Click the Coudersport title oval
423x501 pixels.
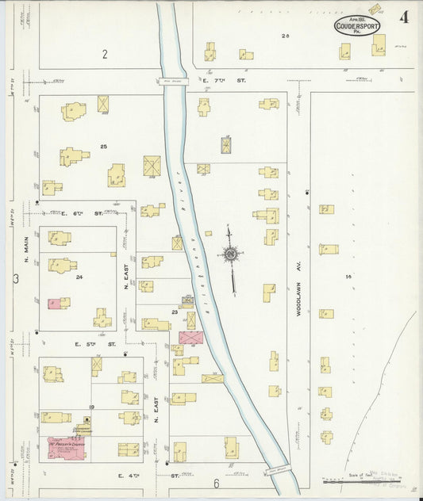point(357,26)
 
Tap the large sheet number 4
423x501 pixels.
point(405,17)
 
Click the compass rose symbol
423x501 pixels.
point(231,254)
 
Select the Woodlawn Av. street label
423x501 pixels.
point(300,301)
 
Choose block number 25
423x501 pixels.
point(103,147)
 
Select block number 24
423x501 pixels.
point(79,277)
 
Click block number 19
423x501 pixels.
point(92,407)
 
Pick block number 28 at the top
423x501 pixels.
point(285,36)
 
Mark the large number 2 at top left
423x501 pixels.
point(104,54)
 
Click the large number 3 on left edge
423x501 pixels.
point(15,278)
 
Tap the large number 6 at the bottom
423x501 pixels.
point(215,482)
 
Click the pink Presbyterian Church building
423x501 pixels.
point(66,448)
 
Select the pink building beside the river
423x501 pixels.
point(190,338)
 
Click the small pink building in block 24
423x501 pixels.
point(53,304)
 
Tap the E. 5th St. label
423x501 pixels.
point(95,345)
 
